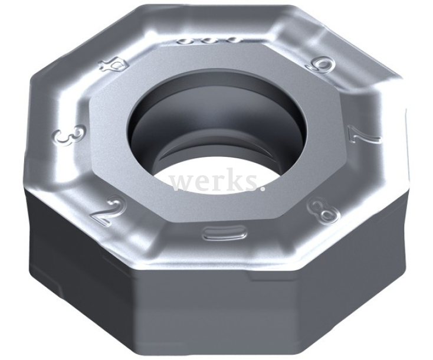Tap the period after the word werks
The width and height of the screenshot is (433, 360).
pyautogui.click(x=260, y=189)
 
